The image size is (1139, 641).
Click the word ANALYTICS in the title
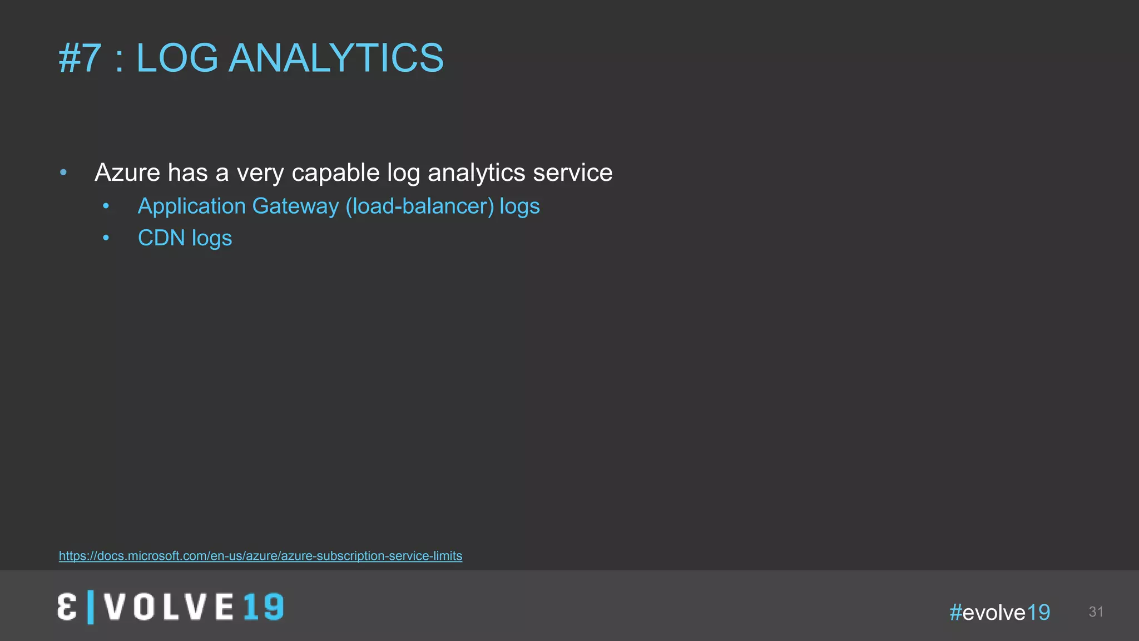coord(336,58)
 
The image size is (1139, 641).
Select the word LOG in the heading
coord(177,58)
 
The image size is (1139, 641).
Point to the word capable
coord(335,172)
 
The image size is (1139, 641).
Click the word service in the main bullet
coord(572,172)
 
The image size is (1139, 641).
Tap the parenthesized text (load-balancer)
coord(419,206)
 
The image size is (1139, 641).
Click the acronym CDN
coord(161,238)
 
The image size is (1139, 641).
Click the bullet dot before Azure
coord(63,172)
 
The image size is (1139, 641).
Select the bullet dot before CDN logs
coord(106,238)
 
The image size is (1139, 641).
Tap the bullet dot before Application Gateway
coord(106,206)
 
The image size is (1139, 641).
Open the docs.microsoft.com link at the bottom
coord(260,556)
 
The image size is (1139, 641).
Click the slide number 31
coord(1096,612)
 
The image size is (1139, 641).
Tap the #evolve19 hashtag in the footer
coord(999,613)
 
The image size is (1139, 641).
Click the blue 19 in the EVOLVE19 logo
coord(263,607)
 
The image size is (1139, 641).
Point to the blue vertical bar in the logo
coord(91,607)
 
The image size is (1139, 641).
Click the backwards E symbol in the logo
coord(67,607)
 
